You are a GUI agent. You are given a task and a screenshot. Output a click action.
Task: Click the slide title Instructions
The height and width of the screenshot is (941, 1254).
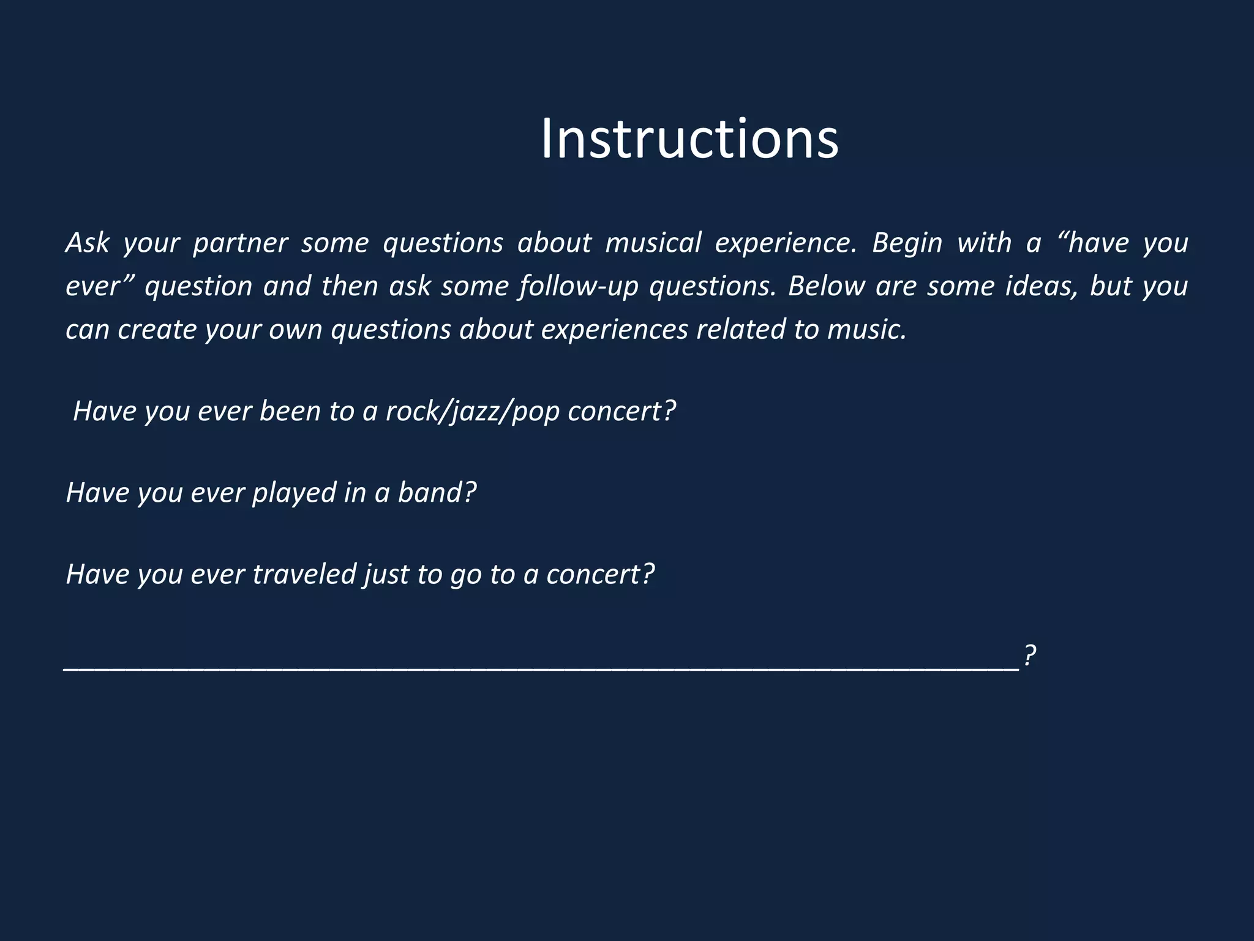689,140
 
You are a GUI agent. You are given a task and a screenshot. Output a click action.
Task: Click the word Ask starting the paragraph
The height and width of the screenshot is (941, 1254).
87,243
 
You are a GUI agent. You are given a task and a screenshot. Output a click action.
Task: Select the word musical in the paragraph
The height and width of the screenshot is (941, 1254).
653,243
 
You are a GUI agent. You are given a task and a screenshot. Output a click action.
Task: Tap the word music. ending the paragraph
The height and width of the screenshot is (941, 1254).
866,330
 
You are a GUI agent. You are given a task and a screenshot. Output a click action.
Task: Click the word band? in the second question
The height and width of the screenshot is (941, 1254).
437,493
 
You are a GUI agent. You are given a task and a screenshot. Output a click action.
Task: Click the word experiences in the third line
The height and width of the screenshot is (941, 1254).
614,330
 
